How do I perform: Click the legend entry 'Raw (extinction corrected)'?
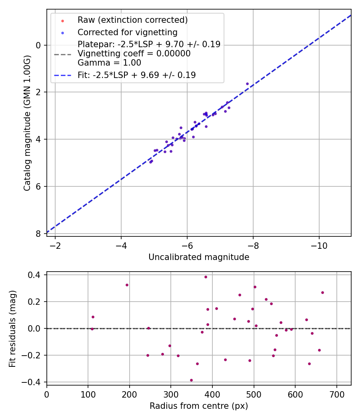(x=132, y=20)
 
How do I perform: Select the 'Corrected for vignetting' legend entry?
(x=128, y=32)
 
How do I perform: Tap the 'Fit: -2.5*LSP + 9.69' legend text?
(x=137, y=75)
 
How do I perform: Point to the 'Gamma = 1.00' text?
(x=109, y=63)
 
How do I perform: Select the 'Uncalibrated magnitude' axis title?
(x=199, y=257)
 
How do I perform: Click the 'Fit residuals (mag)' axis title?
(x=12, y=328)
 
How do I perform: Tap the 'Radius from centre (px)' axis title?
(x=199, y=406)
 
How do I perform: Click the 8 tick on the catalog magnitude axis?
(x=38, y=234)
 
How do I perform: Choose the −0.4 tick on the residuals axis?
(x=34, y=382)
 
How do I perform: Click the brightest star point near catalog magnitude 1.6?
(x=247, y=84)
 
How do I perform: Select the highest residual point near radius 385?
(x=206, y=277)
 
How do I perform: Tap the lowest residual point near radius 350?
(x=191, y=380)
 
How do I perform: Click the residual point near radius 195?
(x=127, y=285)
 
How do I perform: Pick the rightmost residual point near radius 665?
(x=322, y=292)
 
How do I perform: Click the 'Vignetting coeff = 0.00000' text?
(x=134, y=54)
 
